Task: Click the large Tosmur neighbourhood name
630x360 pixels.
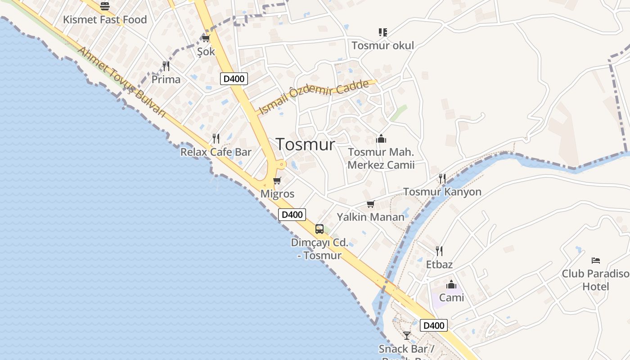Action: click(306, 144)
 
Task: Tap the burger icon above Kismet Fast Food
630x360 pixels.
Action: click(105, 6)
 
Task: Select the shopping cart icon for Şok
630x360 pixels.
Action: click(206, 38)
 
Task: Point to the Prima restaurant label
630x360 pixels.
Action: click(166, 80)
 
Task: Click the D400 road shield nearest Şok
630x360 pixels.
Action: click(234, 79)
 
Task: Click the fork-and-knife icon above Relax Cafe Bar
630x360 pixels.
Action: click(216, 138)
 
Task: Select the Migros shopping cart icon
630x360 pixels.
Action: click(277, 181)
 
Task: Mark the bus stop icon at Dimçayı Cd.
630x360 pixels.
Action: click(319, 229)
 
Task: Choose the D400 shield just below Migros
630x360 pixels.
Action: click(292, 215)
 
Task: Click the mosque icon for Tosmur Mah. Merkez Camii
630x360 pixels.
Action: click(381, 139)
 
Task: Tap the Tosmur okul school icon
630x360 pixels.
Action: click(383, 32)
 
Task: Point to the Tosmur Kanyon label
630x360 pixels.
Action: click(442, 192)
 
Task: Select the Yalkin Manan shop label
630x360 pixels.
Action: click(371, 217)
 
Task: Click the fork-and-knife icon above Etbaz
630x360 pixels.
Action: click(439, 251)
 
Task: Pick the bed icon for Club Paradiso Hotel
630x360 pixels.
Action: click(596, 260)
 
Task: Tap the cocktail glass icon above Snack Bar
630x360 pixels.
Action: click(407, 335)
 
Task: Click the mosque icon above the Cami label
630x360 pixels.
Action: click(451, 284)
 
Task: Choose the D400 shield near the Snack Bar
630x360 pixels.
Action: click(434, 325)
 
